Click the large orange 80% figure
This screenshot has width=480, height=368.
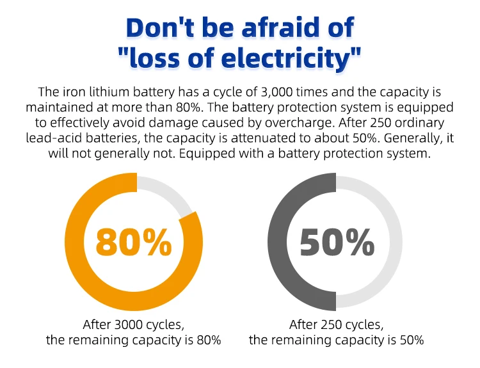click(x=134, y=242)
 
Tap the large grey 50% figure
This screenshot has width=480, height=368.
click(x=337, y=242)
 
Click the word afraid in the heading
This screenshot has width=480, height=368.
click(x=260, y=28)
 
